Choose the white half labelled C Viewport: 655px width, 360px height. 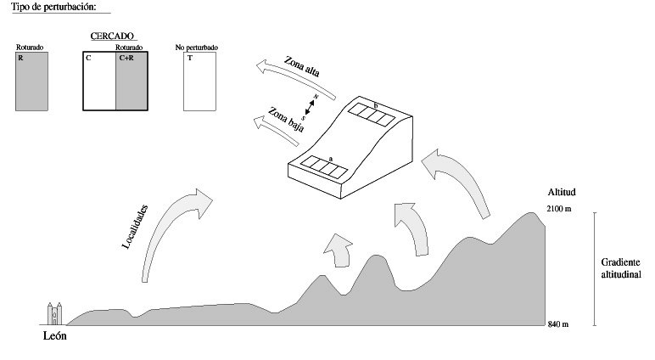pos(99,82)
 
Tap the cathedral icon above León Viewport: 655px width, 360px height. pos(55,313)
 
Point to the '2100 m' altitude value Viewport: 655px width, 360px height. pos(561,208)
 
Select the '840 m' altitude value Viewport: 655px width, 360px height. pos(558,325)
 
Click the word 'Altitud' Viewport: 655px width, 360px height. pos(561,193)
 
